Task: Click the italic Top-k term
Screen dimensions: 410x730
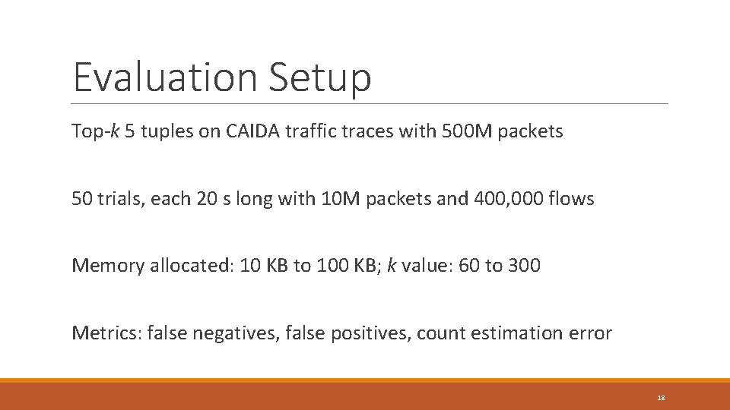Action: coord(94,132)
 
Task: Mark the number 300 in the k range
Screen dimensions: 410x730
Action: coord(525,265)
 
